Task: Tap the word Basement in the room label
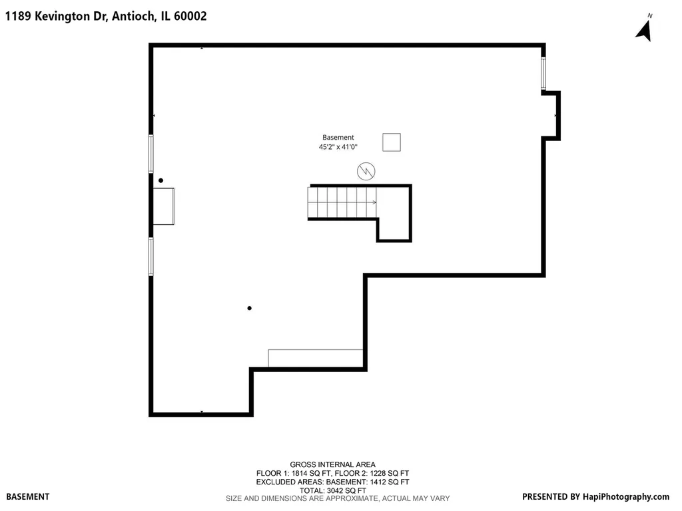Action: tap(338, 137)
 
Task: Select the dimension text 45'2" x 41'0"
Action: tap(338, 147)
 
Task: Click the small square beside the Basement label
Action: tap(392, 142)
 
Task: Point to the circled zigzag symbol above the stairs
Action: tap(366, 171)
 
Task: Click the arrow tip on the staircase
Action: tap(376, 202)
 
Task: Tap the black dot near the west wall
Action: tap(161, 180)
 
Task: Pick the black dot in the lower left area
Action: tap(249, 308)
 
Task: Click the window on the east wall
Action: tap(543, 73)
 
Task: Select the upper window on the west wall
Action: tap(151, 154)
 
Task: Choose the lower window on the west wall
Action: tap(151, 256)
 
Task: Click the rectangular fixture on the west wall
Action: tap(164, 206)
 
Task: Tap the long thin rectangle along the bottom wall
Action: tap(315, 359)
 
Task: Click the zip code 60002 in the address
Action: tap(190, 16)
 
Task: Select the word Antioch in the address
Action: tap(133, 16)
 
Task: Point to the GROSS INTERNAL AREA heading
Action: tap(333, 464)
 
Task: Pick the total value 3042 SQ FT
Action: tap(346, 490)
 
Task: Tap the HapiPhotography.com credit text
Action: tap(626, 496)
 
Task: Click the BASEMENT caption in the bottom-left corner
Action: tap(28, 496)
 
